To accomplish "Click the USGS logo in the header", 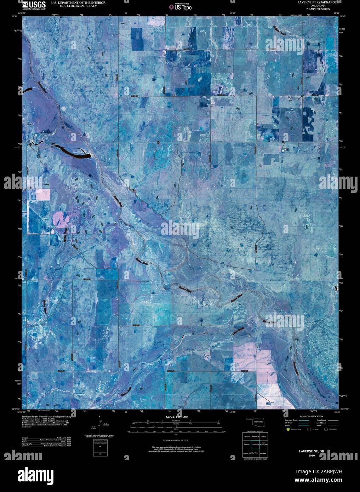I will click(x=34, y=5).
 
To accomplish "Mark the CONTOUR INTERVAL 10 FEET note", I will click(x=175, y=440).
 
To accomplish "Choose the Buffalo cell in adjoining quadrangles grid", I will click(x=263, y=437).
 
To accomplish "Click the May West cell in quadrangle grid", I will click(x=255, y=453).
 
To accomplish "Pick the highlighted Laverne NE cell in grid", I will click(x=255, y=444).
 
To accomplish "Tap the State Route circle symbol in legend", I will click(x=326, y=429).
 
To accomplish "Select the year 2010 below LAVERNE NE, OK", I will click(x=312, y=456).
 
